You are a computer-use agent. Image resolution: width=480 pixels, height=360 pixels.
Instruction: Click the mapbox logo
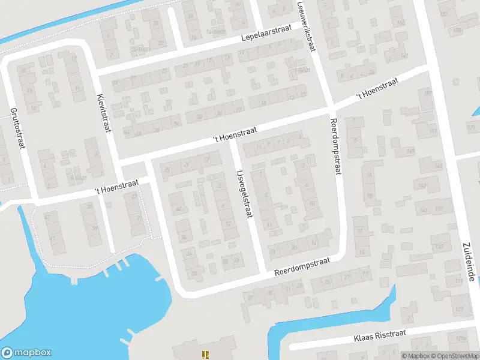click(x=26, y=353)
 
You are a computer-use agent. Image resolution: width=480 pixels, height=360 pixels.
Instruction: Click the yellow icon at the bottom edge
click(x=205, y=355)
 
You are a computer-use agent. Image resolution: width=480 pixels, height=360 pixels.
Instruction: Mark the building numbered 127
click(x=460, y=309)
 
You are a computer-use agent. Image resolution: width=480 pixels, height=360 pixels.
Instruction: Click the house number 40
click(x=178, y=209)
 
